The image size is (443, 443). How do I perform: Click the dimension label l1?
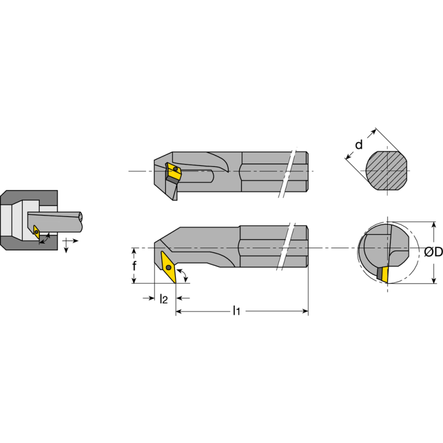coord(236,311)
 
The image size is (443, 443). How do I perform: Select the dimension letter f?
coord(134,266)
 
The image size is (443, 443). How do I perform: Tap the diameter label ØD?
coord(434,253)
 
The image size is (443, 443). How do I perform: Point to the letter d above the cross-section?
coord(359,145)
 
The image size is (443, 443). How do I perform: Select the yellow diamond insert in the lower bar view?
coord(168,267)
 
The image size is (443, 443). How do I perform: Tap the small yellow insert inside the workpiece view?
coord(37,231)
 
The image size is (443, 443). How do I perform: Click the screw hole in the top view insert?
coord(175,169)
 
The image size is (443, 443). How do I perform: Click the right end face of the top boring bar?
coord(307,172)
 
